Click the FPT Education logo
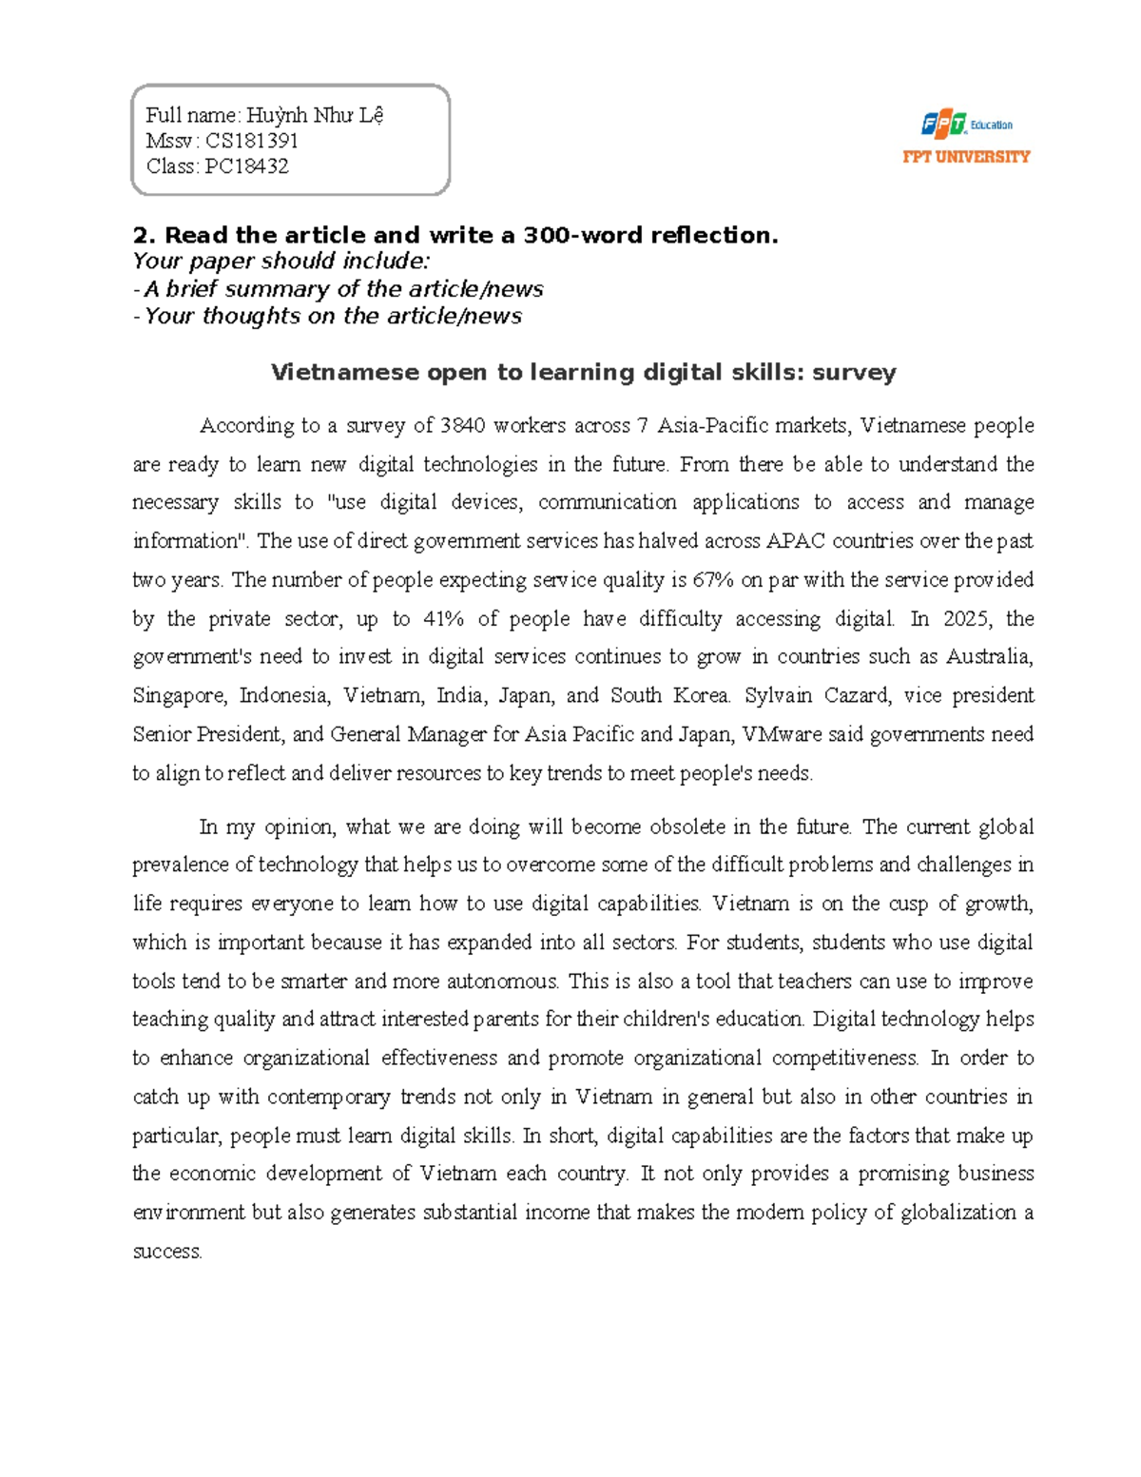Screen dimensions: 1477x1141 [966, 125]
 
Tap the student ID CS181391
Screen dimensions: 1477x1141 [252, 141]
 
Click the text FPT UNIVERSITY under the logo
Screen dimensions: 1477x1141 [966, 157]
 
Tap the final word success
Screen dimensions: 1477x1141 [166, 1252]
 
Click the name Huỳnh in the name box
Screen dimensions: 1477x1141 [277, 116]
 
